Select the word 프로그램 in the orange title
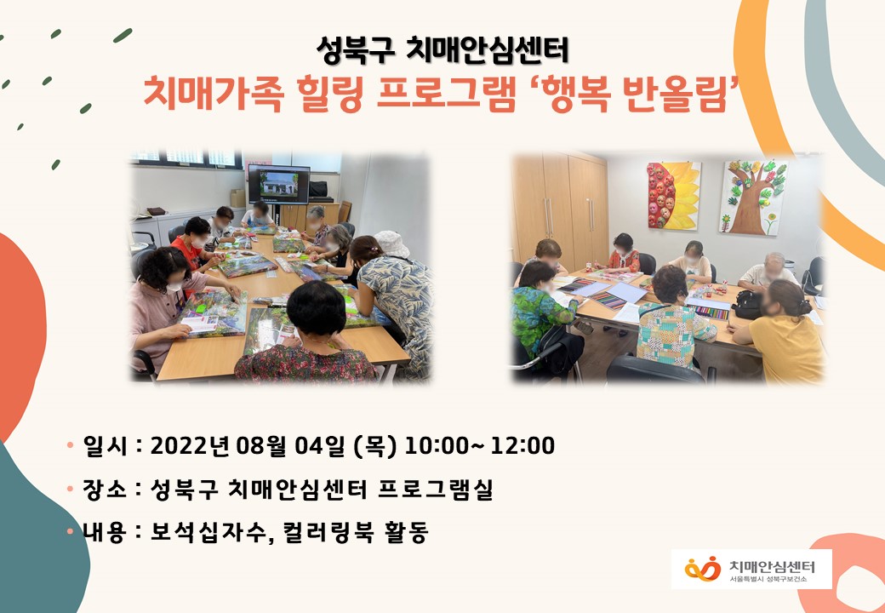[446, 93]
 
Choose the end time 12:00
[522, 446]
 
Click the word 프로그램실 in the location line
[435, 489]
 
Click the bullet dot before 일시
[70, 444]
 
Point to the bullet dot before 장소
[70, 488]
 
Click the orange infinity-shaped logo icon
[703, 569]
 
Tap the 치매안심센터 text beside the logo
[772, 566]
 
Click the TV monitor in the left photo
[279, 184]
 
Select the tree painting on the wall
[753, 197]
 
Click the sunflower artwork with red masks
[674, 195]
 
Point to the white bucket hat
[391, 243]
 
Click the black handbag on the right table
[748, 306]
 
